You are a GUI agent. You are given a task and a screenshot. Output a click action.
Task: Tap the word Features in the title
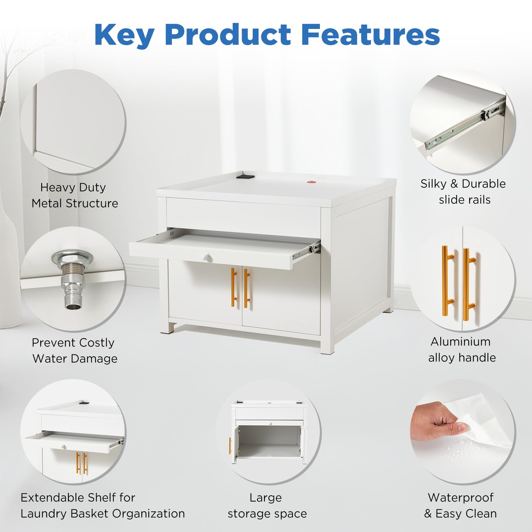coord(371,35)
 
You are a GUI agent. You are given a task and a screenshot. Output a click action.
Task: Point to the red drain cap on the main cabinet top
coord(312,182)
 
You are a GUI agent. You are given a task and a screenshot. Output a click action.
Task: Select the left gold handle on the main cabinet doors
coord(234,287)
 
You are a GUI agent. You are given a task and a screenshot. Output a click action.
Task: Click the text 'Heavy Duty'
coord(73,188)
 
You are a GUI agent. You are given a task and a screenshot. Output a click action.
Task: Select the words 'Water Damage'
coord(75,358)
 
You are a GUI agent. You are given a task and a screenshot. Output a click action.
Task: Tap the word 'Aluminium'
coord(461,341)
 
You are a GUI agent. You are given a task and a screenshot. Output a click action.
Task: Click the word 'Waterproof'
coord(461,497)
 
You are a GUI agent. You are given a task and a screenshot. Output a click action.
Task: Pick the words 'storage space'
coord(267,514)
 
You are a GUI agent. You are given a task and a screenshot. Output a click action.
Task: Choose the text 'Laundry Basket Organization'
coord(103,514)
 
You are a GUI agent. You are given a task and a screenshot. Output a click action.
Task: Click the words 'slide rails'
coord(465,200)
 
